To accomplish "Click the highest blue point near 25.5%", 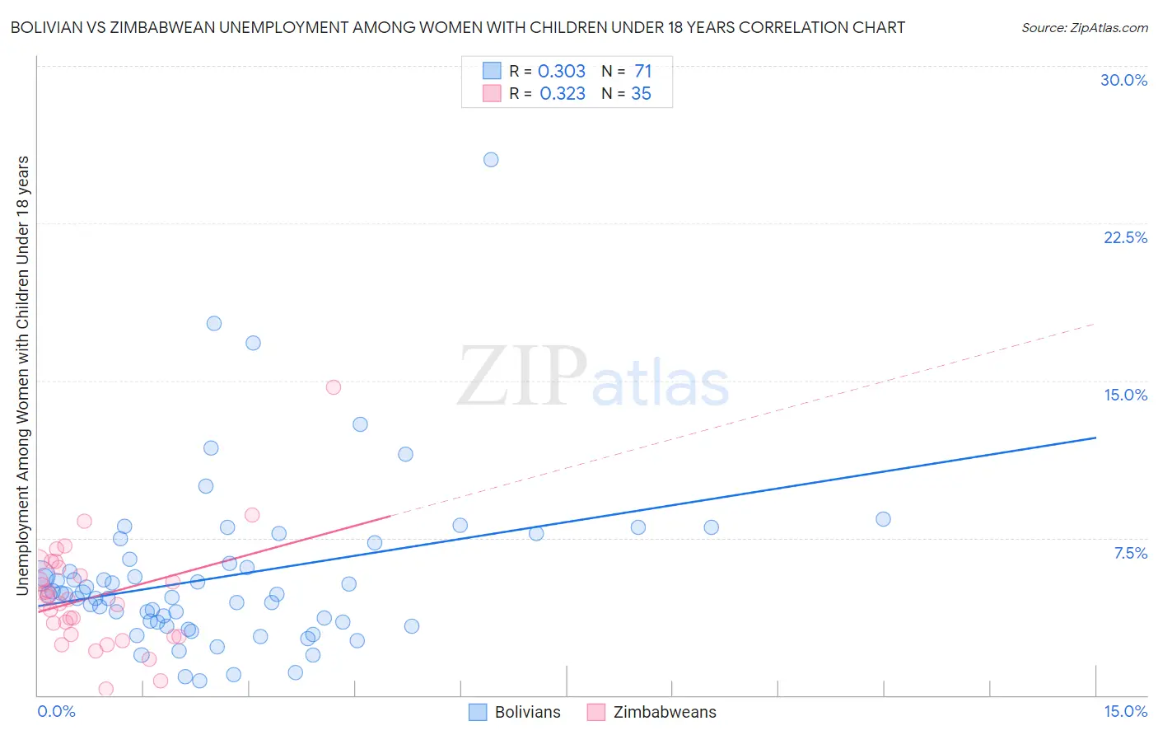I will [491, 160].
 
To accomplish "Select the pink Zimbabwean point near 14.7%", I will [334, 387].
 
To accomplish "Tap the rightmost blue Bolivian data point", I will [883, 519].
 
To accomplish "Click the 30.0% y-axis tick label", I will [1123, 80].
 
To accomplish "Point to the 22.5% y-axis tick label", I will [1125, 237].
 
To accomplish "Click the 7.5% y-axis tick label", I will [1130, 553].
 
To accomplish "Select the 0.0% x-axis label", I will [56, 711].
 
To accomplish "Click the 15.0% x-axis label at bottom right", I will [1125, 711].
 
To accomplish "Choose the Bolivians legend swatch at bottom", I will [478, 712].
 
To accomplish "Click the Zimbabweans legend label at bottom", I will [665, 712].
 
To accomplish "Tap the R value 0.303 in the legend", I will [562, 72].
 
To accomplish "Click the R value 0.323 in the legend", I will [563, 94].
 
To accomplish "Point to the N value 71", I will [642, 72].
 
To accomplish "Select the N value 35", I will [641, 94].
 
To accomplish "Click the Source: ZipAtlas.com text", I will [1084, 28].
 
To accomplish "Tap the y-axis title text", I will [22, 375].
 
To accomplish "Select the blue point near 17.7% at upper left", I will [214, 324].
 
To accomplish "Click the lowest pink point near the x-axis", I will [106, 689].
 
